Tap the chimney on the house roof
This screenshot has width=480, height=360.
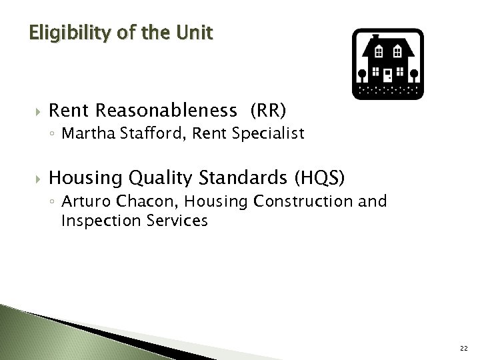coord(375,38)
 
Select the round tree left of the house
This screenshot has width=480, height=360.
coord(360,71)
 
